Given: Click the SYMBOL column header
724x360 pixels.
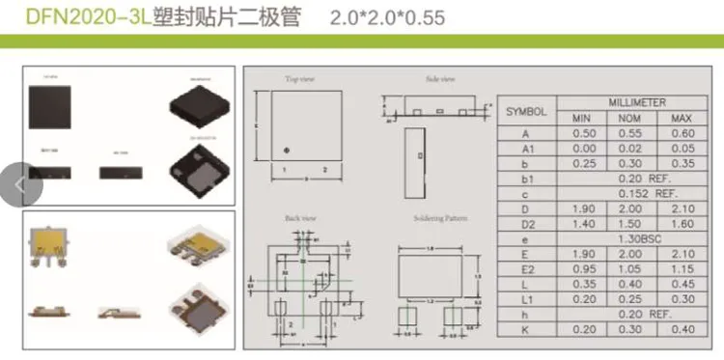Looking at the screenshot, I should pyautogui.click(x=526, y=111).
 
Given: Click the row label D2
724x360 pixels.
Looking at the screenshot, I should pyautogui.click(x=526, y=224).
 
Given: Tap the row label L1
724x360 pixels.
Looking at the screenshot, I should pyautogui.click(x=526, y=298).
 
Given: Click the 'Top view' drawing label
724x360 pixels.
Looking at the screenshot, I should pyautogui.click(x=300, y=78).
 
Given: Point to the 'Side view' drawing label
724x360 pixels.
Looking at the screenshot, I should pyautogui.click(x=440, y=78).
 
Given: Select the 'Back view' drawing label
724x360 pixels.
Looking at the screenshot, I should pyautogui.click(x=300, y=219).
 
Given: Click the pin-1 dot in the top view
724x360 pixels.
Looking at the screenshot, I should pyautogui.click(x=286, y=149).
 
